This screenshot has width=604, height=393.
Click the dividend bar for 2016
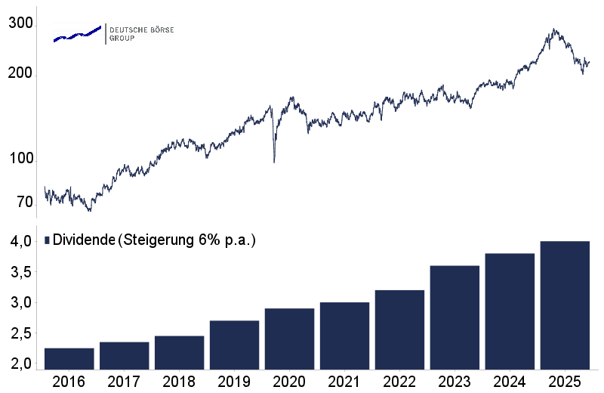(69, 359)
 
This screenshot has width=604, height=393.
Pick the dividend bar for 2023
(455, 317)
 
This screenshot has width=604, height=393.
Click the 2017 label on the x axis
(124, 382)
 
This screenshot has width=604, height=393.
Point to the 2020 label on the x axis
(289, 382)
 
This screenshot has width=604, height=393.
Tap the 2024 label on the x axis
(510, 382)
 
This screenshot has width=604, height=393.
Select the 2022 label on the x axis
(399, 382)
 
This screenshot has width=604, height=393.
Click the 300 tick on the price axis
(20, 24)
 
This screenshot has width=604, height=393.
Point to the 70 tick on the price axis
(24, 203)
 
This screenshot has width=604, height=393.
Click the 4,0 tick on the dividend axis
(20, 242)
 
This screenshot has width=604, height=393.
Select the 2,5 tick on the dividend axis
(20, 333)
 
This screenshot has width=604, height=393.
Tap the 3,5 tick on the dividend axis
(20, 272)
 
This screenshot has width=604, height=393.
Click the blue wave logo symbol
(77, 34)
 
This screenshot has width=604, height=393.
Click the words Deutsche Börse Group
(141, 33)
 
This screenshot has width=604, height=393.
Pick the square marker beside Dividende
(47, 240)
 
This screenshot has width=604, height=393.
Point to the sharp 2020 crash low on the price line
(273, 162)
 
